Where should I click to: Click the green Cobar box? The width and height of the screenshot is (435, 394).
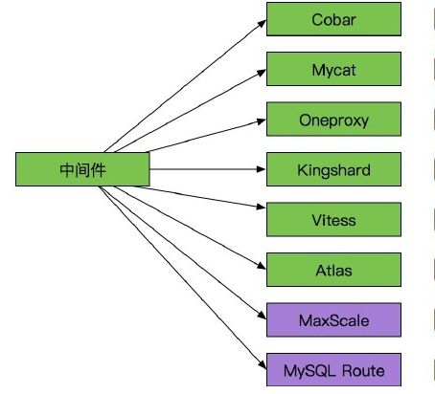tap(332, 19)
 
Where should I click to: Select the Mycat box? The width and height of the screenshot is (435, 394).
tap(332, 69)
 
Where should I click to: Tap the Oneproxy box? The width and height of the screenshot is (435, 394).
tap(332, 120)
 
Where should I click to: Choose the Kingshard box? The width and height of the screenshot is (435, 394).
tap(332, 170)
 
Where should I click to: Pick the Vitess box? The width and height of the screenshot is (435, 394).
tap(332, 220)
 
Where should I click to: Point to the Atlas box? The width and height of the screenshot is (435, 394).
tap(332, 270)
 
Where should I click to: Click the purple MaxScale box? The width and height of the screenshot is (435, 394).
tap(332, 319)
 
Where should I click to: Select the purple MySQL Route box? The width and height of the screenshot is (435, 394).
tap(332, 369)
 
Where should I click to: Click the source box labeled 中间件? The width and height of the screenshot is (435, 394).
tap(82, 170)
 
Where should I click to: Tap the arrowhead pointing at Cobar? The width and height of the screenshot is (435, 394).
tap(262, 21)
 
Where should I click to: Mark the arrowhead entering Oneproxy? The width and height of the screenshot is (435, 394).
tap(262, 120)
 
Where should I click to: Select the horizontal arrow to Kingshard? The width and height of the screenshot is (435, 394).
tap(207, 170)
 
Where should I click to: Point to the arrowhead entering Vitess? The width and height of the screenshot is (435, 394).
tap(262, 219)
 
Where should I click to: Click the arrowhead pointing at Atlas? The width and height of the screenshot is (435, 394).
tap(262, 269)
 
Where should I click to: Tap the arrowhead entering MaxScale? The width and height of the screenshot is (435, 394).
tap(262, 318)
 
